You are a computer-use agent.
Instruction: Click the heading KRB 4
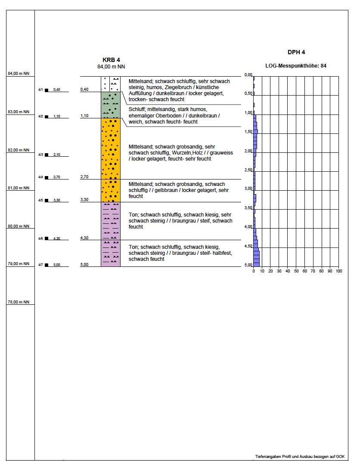tap(111, 60)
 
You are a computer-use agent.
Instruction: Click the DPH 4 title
tap(296, 52)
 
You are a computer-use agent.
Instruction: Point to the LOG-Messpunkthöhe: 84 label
tap(296, 66)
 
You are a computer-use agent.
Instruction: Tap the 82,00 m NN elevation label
tap(18, 150)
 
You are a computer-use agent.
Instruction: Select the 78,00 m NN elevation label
tap(18, 302)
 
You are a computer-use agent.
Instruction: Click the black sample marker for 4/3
tap(47, 155)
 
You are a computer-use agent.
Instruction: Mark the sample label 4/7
tap(40, 265)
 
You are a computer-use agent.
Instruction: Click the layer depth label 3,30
tap(84, 200)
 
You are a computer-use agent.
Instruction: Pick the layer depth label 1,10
tap(84, 116)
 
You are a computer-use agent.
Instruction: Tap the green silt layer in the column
tap(111, 105)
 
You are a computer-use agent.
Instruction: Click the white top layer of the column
tap(111, 84)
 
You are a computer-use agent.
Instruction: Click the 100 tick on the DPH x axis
tap(338, 271)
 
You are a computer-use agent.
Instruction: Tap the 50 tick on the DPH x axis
tap(296, 271)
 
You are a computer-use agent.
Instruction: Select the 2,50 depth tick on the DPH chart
tap(248, 170)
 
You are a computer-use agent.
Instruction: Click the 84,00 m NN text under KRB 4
tap(111, 67)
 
